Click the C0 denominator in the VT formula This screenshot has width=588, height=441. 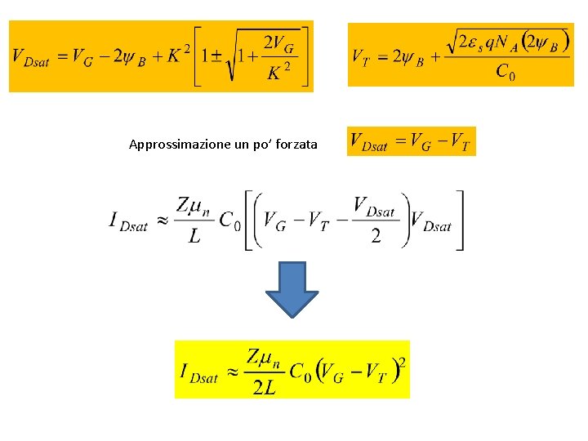pos(506,72)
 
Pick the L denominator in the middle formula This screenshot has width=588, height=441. pos(194,238)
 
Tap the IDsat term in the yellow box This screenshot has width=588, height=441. pos(199,373)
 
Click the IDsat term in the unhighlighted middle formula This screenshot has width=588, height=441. pos(128,221)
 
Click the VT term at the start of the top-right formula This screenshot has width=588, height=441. pos(363,57)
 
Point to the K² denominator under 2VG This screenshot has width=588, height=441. pos(278,73)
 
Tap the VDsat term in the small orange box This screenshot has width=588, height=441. pos(369,142)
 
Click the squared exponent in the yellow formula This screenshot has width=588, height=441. pos(401,362)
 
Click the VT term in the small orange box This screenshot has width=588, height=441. pos(458,142)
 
